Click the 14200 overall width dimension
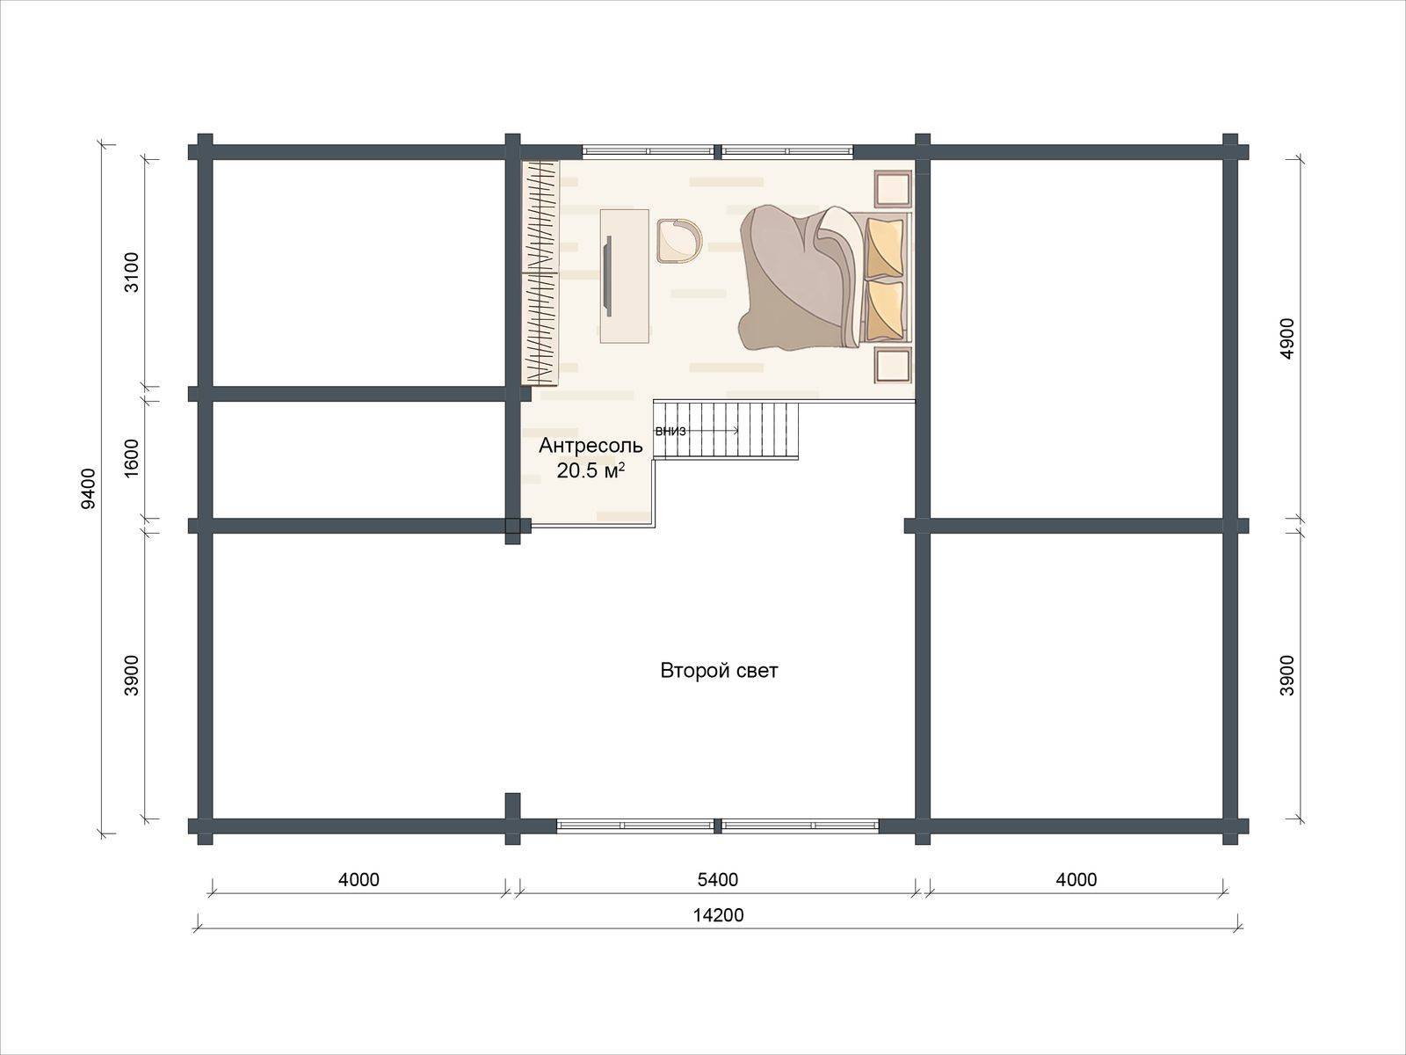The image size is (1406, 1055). click(718, 914)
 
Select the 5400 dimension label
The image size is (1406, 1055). click(717, 879)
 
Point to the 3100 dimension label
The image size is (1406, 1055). click(131, 273)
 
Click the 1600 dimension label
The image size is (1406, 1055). click(131, 458)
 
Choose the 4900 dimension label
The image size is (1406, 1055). click(1286, 338)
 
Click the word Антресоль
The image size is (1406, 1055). click(591, 445)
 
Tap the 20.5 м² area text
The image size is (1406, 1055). click(591, 471)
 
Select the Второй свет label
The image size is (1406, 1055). click(720, 671)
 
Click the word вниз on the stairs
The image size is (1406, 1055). click(670, 431)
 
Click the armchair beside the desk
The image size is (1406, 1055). click(679, 240)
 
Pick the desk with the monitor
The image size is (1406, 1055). click(625, 275)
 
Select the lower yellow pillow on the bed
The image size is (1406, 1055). click(885, 312)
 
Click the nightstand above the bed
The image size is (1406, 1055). click(893, 189)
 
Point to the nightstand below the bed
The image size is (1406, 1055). click(893, 366)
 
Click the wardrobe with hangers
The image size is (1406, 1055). click(540, 273)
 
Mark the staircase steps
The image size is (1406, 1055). click(726, 429)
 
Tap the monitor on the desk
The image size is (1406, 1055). click(608, 276)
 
